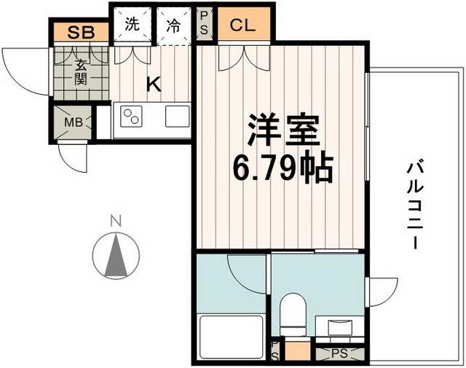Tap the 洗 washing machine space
coord(131,25)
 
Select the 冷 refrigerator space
coord(173,25)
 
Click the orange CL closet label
coord(243,25)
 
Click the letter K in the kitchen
coord(153,85)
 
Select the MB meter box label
coord(74,122)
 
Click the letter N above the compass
coord(114,219)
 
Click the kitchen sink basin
coord(177,117)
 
